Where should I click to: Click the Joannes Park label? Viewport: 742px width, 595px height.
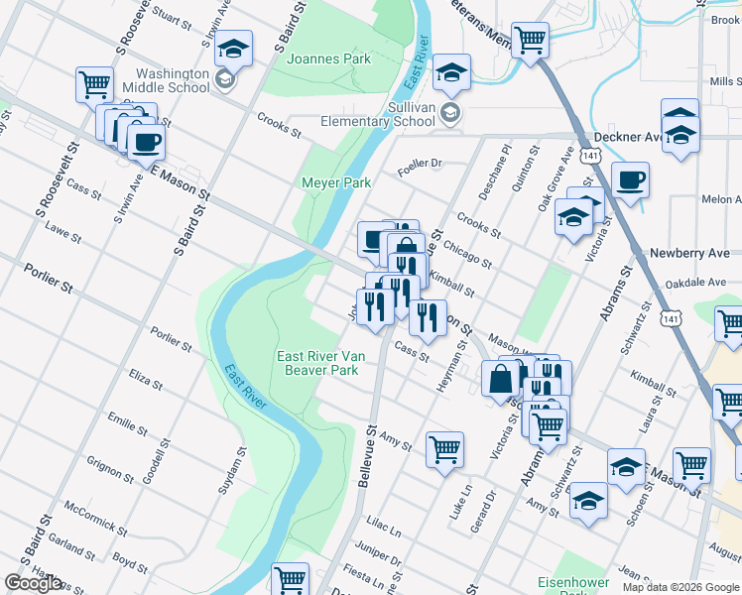[328, 59]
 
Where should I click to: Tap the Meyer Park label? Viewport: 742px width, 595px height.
[336, 182]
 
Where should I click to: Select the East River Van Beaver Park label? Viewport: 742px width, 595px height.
[317, 363]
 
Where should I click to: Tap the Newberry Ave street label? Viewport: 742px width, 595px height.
[689, 253]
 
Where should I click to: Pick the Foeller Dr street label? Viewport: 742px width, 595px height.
[419, 163]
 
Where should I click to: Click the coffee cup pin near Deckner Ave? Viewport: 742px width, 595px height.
[630, 181]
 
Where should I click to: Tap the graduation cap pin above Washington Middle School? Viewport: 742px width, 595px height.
[233, 48]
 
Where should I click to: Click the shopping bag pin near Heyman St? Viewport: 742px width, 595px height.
[502, 378]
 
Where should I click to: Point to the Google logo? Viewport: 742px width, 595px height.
[34, 583]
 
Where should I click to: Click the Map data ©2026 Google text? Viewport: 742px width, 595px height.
[680, 587]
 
